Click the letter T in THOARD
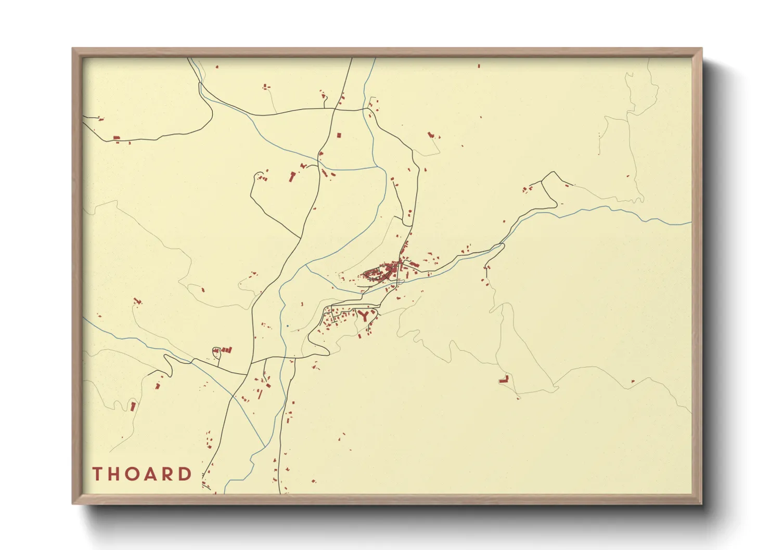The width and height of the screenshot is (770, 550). click(97, 474)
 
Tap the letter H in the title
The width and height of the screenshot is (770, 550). click(114, 474)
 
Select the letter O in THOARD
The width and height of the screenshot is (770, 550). click(133, 474)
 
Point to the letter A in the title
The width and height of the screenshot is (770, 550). click(152, 474)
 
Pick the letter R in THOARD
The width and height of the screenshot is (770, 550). click(169, 474)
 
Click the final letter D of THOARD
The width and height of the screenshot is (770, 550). click(186, 474)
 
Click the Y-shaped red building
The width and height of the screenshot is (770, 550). click(365, 315)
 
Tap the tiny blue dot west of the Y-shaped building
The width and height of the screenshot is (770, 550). click(287, 326)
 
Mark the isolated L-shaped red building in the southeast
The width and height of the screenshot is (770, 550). click(504, 379)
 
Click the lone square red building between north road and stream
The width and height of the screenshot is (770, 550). click(339, 135)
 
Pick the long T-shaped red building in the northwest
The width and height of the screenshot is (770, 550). click(292, 177)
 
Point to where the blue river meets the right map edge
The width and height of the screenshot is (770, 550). click(690, 223)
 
